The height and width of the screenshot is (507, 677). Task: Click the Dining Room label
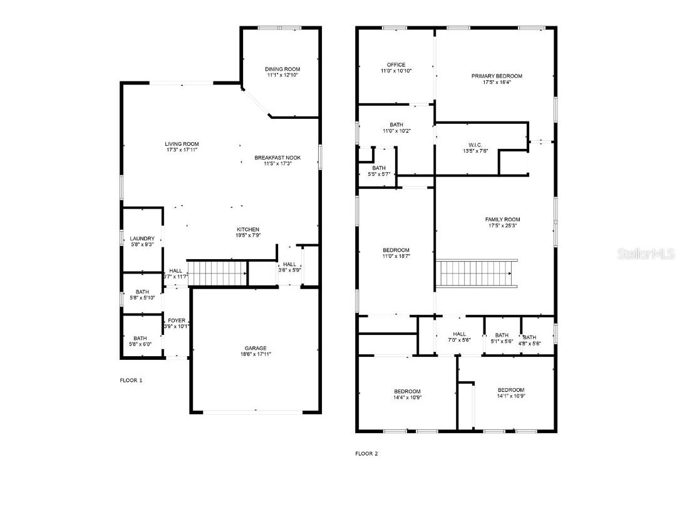[x=282, y=69]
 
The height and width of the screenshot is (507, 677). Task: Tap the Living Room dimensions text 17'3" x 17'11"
[x=182, y=151]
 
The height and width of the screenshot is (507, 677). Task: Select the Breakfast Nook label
[x=277, y=157]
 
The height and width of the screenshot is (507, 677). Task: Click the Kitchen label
[x=248, y=229]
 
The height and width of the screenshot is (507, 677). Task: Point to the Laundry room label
[x=142, y=238]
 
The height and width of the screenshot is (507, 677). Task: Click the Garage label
[x=256, y=348]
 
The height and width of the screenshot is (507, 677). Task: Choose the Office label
[x=396, y=64]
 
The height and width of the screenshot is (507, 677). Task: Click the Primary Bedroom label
[x=497, y=76]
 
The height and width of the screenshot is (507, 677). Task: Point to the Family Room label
[x=502, y=219]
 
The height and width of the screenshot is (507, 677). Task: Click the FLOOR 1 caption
[x=131, y=380]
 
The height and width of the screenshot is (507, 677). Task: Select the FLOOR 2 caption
[x=366, y=454]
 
